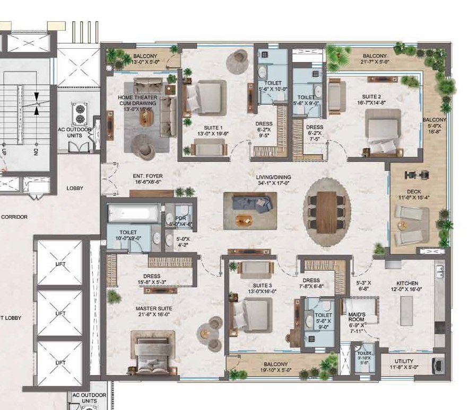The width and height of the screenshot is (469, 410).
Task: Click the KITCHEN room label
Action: [407, 283]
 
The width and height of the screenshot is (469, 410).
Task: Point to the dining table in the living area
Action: [326, 211]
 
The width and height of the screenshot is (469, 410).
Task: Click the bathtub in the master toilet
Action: [133, 214]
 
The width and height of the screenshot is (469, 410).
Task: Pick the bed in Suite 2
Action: [383, 129]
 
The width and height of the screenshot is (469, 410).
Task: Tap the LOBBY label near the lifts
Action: [75, 188]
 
